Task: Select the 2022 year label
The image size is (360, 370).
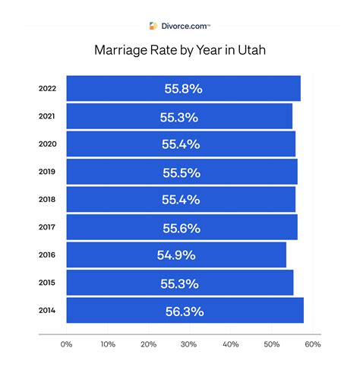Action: (48, 88)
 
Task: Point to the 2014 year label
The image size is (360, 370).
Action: (48, 311)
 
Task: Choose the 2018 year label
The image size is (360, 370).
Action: (48, 200)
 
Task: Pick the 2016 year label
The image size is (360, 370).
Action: (48, 255)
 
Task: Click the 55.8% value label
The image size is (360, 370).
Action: (183, 88)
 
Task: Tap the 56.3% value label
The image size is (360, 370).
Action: (184, 311)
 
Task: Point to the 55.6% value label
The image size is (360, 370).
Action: (182, 228)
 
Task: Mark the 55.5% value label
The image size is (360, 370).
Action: (182, 172)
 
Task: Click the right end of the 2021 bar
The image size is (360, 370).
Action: (291, 116)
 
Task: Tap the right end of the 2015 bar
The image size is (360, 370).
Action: (292, 283)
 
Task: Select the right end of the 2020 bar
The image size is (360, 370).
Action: (294, 144)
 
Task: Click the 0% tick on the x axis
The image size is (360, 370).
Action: (67, 344)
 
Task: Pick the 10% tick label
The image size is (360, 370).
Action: (108, 344)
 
